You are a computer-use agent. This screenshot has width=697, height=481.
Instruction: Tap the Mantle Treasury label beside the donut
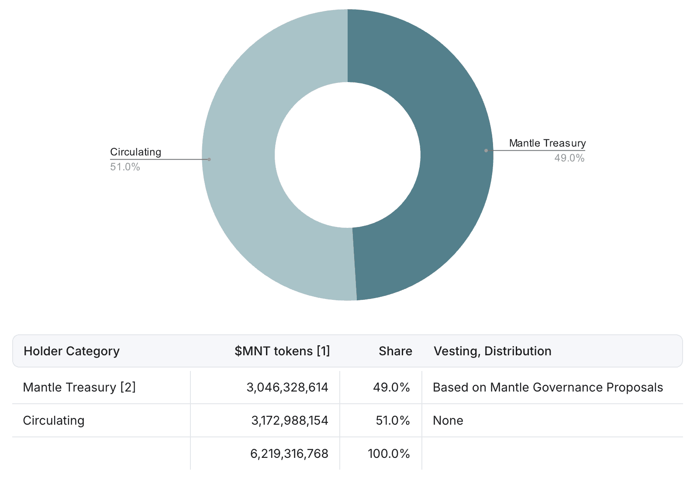click(547, 143)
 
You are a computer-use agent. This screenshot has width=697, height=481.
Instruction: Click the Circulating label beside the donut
click(136, 152)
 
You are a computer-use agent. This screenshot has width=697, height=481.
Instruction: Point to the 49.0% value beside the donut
click(569, 158)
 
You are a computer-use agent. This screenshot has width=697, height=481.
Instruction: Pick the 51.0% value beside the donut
click(125, 167)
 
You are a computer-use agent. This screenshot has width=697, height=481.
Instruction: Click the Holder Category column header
click(72, 351)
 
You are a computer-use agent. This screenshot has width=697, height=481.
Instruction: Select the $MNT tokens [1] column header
click(282, 351)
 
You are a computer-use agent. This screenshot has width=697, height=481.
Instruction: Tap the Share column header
click(396, 351)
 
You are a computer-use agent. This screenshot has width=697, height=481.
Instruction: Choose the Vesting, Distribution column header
click(493, 351)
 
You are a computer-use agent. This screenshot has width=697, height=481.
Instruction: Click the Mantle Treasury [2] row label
click(79, 388)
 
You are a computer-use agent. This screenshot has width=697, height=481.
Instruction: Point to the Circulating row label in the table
click(54, 421)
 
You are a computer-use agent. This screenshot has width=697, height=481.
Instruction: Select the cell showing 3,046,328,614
click(287, 388)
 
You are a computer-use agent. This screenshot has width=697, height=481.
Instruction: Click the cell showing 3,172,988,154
click(290, 421)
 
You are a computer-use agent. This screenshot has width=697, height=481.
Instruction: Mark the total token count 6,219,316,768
click(289, 454)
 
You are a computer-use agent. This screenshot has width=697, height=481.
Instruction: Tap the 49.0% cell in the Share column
click(391, 388)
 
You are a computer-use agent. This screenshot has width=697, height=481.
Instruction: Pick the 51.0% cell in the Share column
click(393, 421)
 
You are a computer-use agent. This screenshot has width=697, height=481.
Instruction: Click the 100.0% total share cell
click(389, 454)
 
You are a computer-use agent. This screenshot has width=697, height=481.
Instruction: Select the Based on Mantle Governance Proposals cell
click(548, 388)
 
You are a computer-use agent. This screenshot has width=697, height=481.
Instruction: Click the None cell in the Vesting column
click(448, 421)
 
